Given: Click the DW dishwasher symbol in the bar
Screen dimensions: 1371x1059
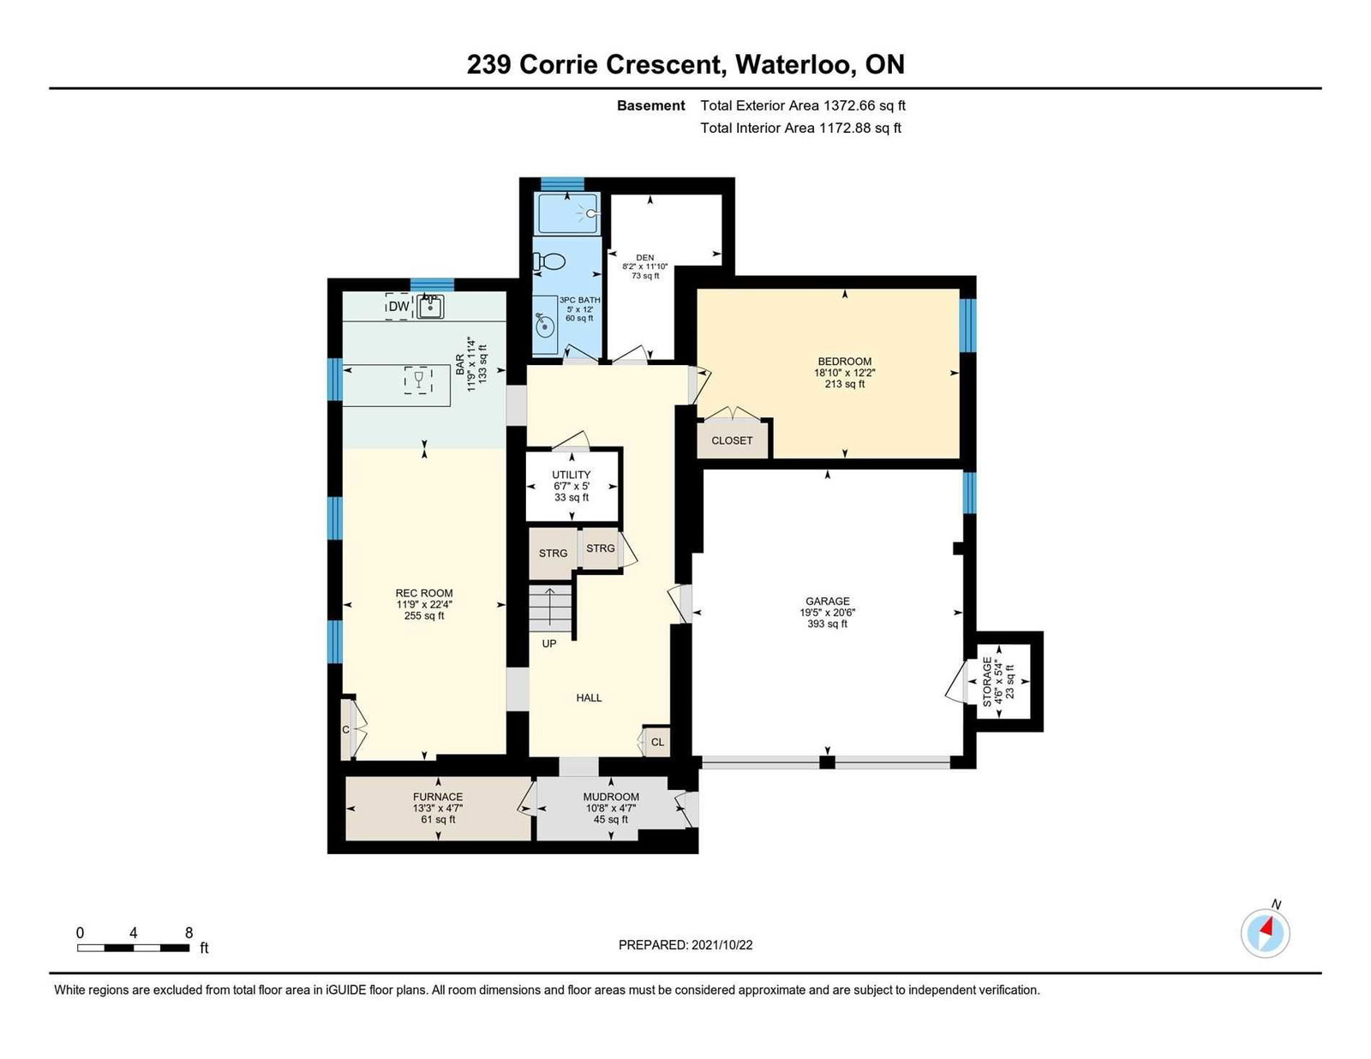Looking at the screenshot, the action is pyautogui.click(x=398, y=306).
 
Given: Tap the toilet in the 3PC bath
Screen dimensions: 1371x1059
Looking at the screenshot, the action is pyautogui.click(x=549, y=260).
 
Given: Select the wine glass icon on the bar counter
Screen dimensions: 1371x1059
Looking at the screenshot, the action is pyautogui.click(x=417, y=380).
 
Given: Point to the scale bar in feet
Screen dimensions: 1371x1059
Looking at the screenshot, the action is pyautogui.click(x=134, y=948).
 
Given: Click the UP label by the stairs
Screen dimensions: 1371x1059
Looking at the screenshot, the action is pyautogui.click(x=549, y=644).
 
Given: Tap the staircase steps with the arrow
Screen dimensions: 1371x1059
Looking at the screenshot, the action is pyautogui.click(x=550, y=608).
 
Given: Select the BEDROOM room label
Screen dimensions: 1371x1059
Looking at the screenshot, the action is pyautogui.click(x=844, y=362).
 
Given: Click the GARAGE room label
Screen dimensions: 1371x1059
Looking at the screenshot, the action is pyautogui.click(x=827, y=601).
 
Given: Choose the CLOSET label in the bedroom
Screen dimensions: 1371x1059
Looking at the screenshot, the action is pyautogui.click(x=732, y=440).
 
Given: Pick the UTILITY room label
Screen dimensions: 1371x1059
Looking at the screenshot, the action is pyautogui.click(x=571, y=475).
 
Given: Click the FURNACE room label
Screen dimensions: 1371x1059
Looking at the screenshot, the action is pyautogui.click(x=438, y=797).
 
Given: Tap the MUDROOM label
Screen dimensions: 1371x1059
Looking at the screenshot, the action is pyautogui.click(x=611, y=797).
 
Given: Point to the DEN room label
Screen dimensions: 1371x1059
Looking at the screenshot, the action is pyautogui.click(x=645, y=257).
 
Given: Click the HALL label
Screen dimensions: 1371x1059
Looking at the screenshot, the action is pyautogui.click(x=589, y=697).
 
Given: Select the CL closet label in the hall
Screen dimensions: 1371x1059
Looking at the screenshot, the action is pyautogui.click(x=657, y=742).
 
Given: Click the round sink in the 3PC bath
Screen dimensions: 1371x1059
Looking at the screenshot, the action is pyautogui.click(x=545, y=326).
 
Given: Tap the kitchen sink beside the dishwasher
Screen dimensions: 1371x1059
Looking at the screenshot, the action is pyautogui.click(x=431, y=307).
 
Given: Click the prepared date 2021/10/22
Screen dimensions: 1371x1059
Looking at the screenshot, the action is pyautogui.click(x=721, y=945).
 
